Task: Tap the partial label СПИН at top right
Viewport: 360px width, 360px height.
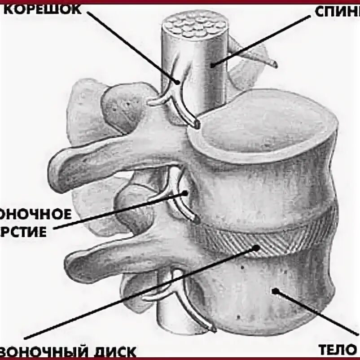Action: pos(337,11)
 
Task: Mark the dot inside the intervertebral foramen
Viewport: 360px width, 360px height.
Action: pos(186,193)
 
